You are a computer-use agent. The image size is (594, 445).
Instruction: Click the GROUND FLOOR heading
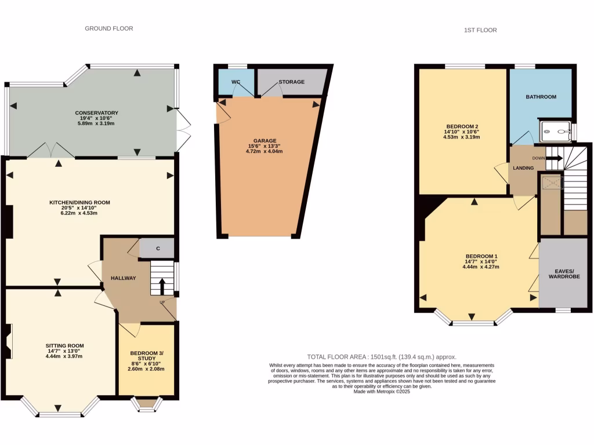point(109,28)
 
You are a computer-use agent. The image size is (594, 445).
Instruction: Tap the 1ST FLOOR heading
point(480,30)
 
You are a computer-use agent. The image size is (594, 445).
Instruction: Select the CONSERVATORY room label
point(96,113)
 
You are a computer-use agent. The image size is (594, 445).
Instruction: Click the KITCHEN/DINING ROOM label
point(79,202)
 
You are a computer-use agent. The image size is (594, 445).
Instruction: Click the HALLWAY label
point(123,278)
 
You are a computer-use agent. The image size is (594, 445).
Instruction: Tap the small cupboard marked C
point(158,249)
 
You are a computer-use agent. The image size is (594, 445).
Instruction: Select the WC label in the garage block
point(236,82)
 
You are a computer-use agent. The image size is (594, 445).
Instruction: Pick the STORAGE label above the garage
point(291,82)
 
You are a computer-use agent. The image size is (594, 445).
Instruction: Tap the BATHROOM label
point(541,97)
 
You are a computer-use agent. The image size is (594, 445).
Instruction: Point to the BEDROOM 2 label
point(462,126)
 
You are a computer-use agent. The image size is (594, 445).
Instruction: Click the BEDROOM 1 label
point(481,256)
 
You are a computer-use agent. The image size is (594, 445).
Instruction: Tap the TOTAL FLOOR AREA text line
point(382,357)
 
